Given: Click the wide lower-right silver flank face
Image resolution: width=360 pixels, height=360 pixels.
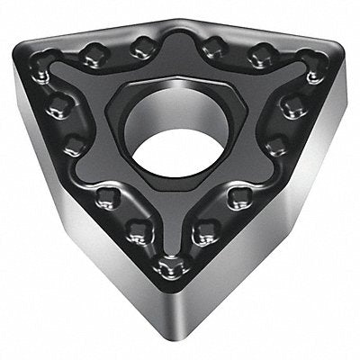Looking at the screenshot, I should [x=270, y=261].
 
